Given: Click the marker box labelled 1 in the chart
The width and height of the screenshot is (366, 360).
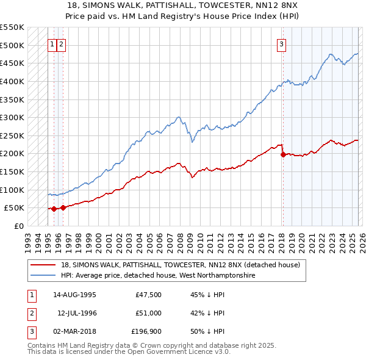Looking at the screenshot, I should [52, 44].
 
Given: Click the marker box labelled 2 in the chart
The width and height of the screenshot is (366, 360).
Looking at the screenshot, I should [62, 44].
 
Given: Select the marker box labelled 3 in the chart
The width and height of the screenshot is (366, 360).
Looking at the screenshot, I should [281, 44].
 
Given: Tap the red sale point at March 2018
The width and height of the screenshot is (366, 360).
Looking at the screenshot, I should [283, 155].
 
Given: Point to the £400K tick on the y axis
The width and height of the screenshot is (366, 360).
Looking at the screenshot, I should [13, 81].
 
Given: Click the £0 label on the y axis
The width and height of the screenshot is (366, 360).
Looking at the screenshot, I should [18, 226].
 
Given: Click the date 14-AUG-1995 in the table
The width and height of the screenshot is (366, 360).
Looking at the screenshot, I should [74, 295].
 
